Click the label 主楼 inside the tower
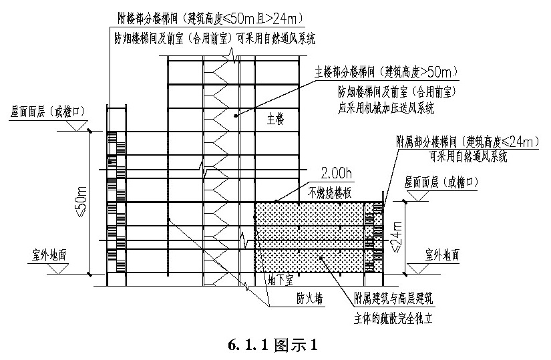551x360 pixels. [x=275, y=119]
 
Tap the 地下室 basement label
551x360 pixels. [x=280, y=281]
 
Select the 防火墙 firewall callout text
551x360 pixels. [x=310, y=299]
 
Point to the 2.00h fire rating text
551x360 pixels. [x=336, y=173]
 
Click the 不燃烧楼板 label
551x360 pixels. [x=330, y=192]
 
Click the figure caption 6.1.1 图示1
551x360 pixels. [x=273, y=345]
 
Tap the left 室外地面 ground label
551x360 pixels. [x=49, y=255]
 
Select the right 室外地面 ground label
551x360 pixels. [x=441, y=255]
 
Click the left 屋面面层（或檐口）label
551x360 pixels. [x=47, y=112]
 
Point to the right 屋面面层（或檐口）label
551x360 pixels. [x=441, y=182]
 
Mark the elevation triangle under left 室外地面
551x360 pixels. [x=58, y=269]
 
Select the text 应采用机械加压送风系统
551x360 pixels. [x=385, y=108]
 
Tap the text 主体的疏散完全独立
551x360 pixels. [x=393, y=318]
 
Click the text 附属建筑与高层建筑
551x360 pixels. [x=393, y=299]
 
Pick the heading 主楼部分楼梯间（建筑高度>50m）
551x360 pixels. [x=387, y=72]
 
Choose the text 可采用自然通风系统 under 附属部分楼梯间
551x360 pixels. [x=468, y=156]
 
